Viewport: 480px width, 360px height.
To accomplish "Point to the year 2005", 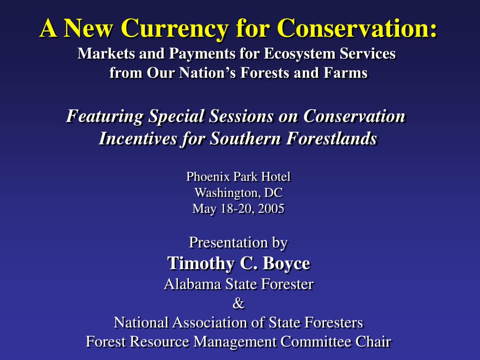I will click(270, 209).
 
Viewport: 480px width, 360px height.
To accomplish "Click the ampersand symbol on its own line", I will click(239, 304).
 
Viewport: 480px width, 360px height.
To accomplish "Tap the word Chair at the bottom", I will click(372, 342).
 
